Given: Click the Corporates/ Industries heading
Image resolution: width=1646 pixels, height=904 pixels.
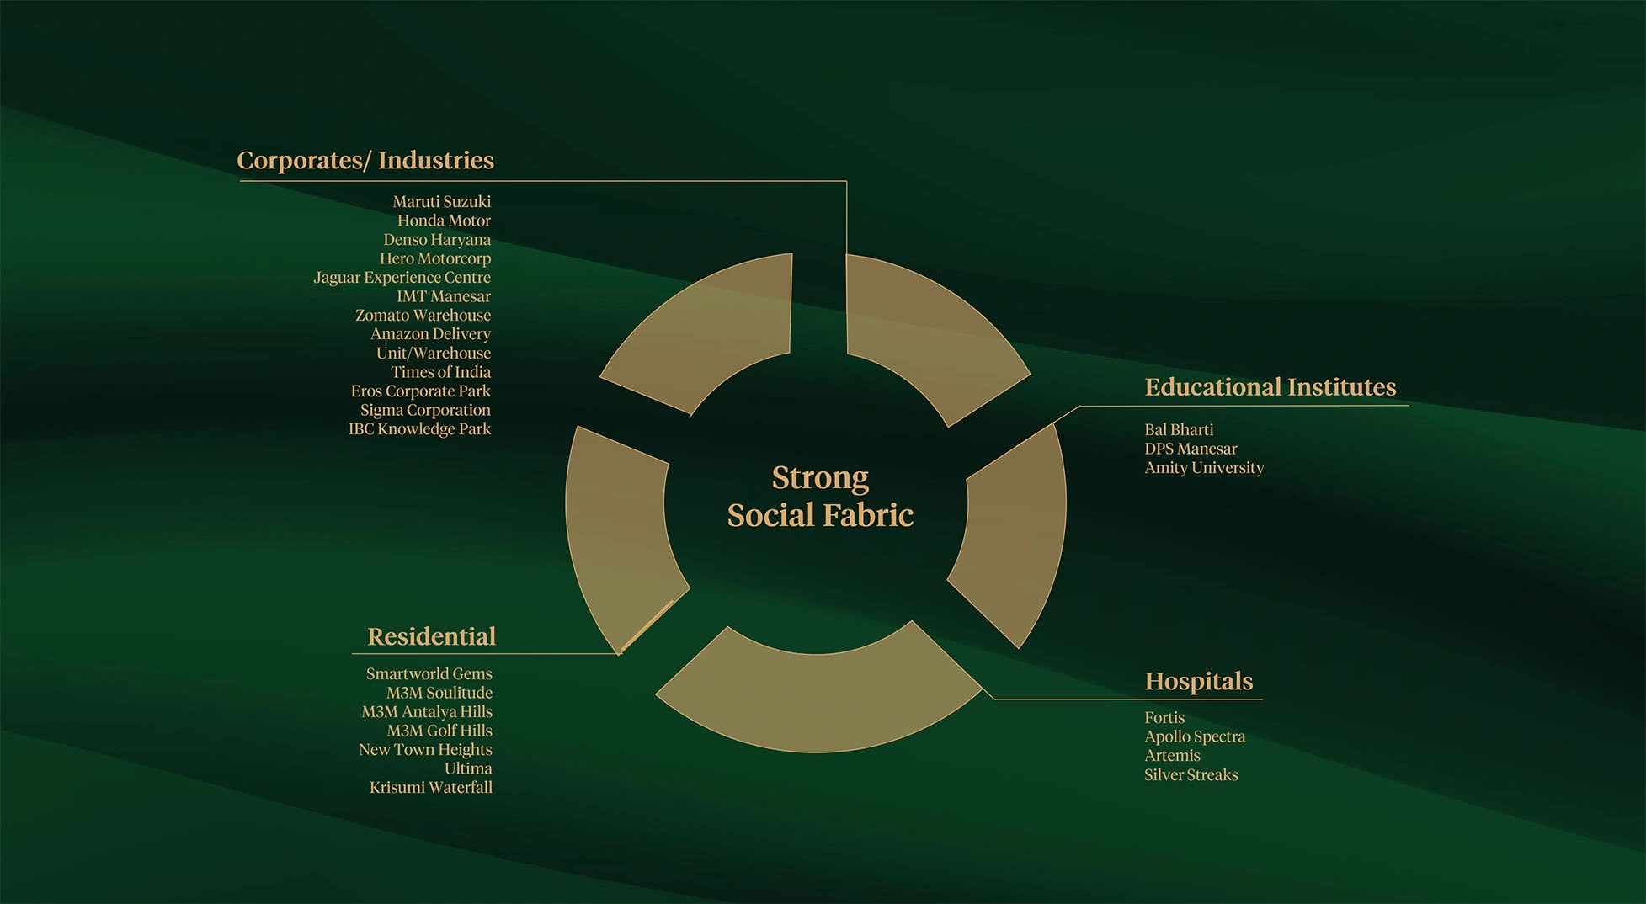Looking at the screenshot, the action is pyautogui.click(x=365, y=160).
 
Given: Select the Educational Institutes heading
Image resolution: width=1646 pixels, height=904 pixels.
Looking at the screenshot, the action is pyautogui.click(x=1270, y=387).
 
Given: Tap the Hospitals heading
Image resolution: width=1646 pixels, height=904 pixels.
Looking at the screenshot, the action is pyautogui.click(x=1198, y=681).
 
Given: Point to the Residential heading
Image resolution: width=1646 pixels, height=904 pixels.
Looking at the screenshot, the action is pyautogui.click(x=431, y=636).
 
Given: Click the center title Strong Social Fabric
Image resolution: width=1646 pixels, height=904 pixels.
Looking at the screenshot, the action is pyautogui.click(x=820, y=497).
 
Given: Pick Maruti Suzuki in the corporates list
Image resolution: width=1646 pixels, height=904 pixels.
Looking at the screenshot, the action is pyautogui.click(x=442, y=202).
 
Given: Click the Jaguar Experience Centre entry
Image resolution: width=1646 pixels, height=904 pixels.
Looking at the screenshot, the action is pyautogui.click(x=402, y=278).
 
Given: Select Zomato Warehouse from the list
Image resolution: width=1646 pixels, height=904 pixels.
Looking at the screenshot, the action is pyautogui.click(x=423, y=316).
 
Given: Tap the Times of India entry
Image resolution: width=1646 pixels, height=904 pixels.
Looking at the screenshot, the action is pyautogui.click(x=440, y=372).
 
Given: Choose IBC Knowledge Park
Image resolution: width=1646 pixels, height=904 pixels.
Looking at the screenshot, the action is pyautogui.click(x=419, y=429).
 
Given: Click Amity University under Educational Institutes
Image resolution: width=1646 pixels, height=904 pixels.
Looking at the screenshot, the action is pyautogui.click(x=1204, y=468).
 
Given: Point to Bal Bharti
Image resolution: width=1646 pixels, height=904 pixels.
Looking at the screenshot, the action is pyautogui.click(x=1179, y=430).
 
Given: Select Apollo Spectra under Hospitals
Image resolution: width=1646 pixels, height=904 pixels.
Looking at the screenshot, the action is pyautogui.click(x=1195, y=736).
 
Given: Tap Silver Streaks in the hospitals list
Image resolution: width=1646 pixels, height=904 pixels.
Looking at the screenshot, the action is pyautogui.click(x=1191, y=774).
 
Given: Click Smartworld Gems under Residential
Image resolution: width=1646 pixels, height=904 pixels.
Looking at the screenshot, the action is pyautogui.click(x=429, y=674).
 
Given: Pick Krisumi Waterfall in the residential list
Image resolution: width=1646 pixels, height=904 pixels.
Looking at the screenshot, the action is pyautogui.click(x=431, y=788).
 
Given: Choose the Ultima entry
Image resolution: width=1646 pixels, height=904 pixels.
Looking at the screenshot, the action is pyautogui.click(x=468, y=768).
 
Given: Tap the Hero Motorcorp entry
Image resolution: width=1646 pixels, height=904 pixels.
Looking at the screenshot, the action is pyautogui.click(x=435, y=259).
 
